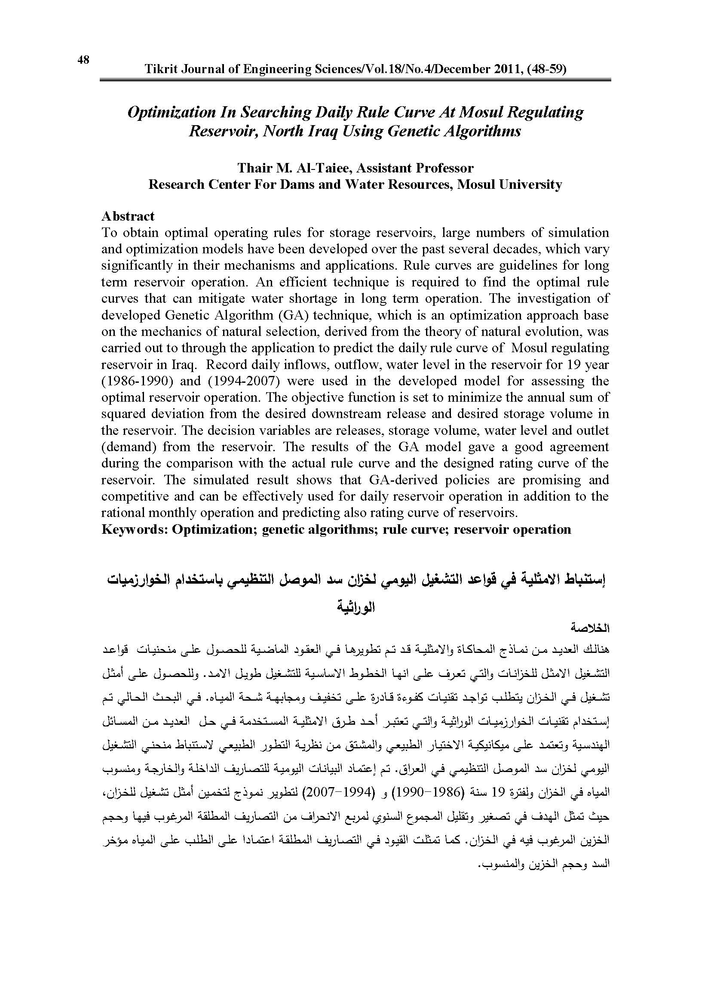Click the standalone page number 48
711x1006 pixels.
(x=84, y=60)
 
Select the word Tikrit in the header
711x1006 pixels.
(x=160, y=69)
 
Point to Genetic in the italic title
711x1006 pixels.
(x=402, y=131)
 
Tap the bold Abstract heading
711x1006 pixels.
(x=128, y=216)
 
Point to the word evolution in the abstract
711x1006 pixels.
(x=549, y=332)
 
